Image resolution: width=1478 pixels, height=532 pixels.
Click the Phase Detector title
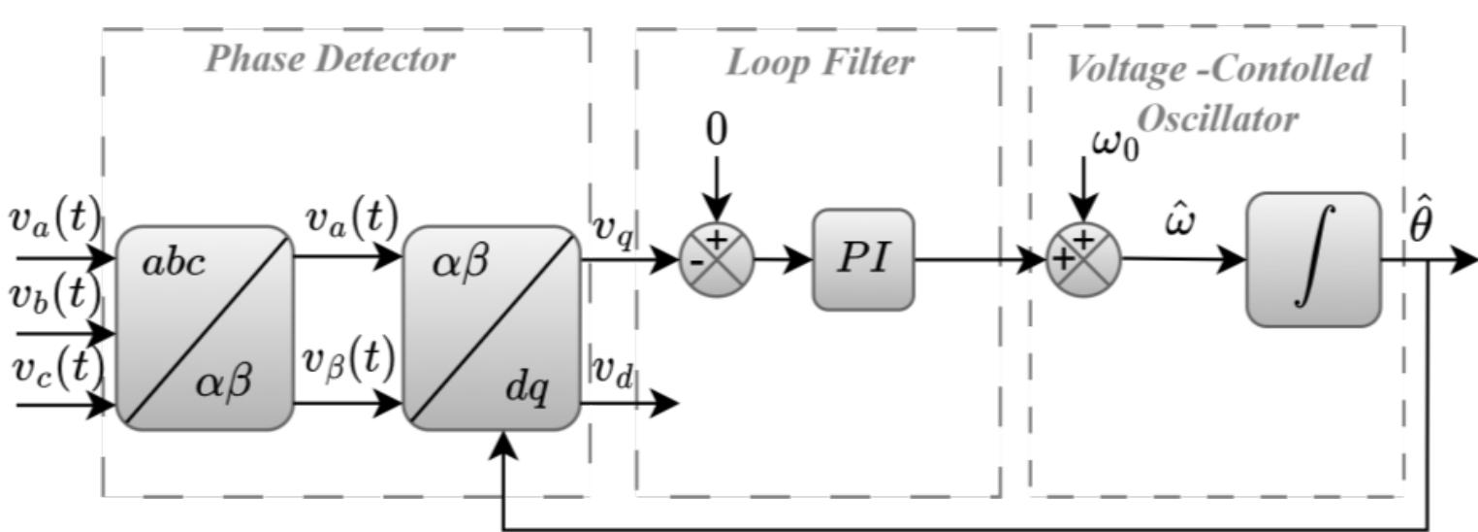pos(331,59)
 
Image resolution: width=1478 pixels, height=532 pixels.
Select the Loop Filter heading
pos(819,63)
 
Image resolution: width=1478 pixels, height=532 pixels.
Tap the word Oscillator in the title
pos(1217,117)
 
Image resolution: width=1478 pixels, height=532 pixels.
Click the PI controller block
pos(862,260)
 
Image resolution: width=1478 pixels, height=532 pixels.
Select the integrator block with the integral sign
pos(1312,259)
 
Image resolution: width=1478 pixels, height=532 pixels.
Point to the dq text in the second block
pos(527,389)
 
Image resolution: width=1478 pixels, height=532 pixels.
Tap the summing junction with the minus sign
pos(716,259)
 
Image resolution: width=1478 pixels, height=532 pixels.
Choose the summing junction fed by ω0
pos(1083,259)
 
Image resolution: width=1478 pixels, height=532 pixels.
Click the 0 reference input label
pos(716,130)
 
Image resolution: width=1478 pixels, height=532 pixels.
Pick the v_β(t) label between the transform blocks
pos(346,361)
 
